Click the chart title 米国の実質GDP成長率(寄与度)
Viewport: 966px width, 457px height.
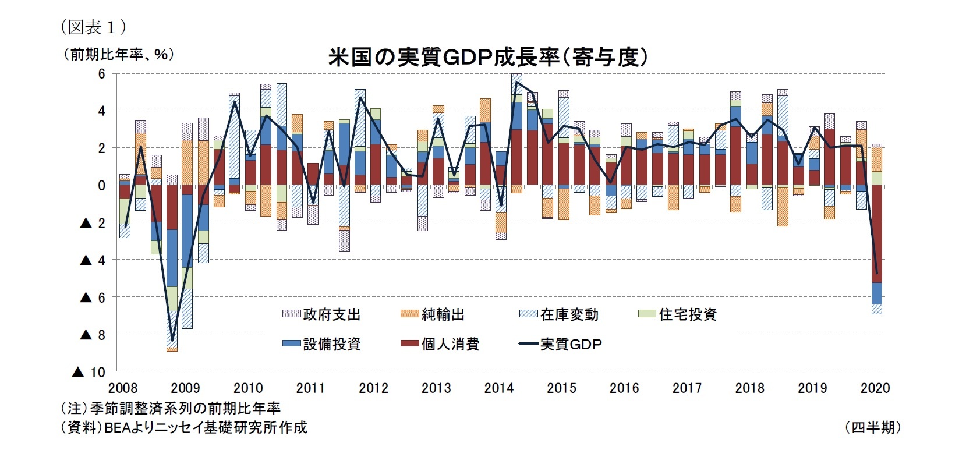pos(488,57)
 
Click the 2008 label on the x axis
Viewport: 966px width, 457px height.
pos(123,388)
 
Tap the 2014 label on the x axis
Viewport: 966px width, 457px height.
pos(499,388)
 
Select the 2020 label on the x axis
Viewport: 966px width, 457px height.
pos(875,388)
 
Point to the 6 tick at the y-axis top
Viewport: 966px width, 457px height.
pos(102,74)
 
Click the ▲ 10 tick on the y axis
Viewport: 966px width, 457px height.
pos(89,372)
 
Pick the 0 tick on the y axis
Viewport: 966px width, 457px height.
pos(102,186)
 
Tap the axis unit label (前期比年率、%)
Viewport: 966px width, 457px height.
pos(119,55)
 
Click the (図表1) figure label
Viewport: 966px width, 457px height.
pos(93,27)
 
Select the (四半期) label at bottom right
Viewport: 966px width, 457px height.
pos(873,427)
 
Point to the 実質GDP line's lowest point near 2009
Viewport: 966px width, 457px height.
pos(172,340)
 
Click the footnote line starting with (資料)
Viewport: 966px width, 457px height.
pos(184,427)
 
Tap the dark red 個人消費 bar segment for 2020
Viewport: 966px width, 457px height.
pos(876,233)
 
